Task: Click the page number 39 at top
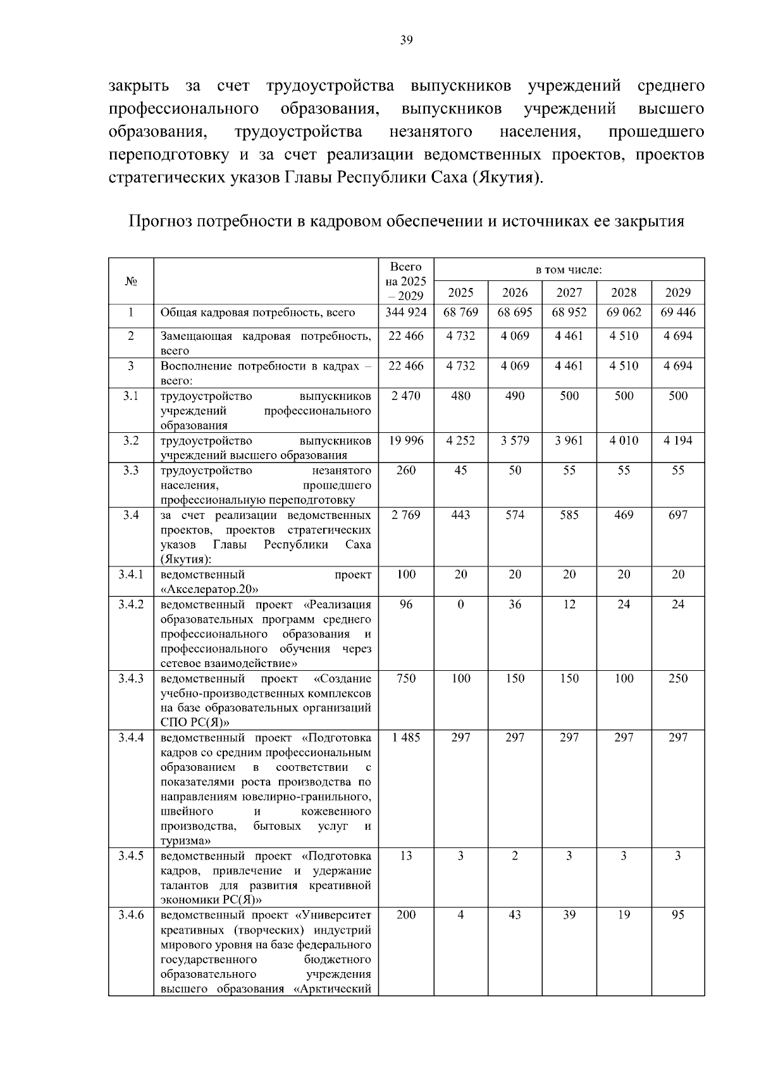(x=406, y=41)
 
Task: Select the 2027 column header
(x=569, y=292)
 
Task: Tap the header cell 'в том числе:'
(x=569, y=270)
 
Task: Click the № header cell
(x=131, y=281)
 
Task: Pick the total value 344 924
(x=406, y=312)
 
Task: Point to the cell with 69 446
(x=677, y=312)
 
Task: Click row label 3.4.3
(x=131, y=678)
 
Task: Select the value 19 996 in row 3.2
(x=406, y=440)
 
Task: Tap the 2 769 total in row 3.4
(x=406, y=515)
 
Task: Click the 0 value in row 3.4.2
(x=460, y=604)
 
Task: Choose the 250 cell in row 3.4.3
(x=677, y=678)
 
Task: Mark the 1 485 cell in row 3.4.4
(x=406, y=737)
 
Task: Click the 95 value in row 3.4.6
(x=677, y=915)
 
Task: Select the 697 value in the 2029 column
(x=677, y=515)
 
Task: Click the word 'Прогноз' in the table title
(x=159, y=222)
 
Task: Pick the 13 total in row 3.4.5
(x=406, y=856)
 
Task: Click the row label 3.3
(x=131, y=470)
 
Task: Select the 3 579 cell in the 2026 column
(x=515, y=440)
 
